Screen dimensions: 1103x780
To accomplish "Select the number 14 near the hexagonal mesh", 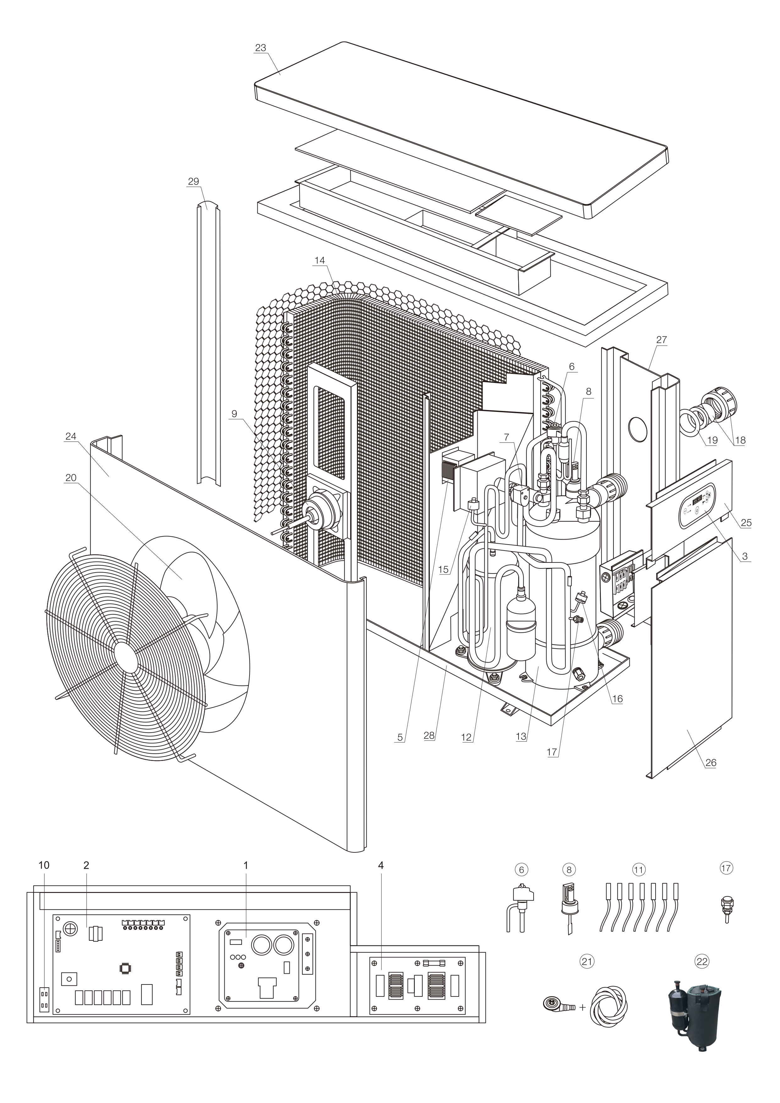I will pyautogui.click(x=319, y=260).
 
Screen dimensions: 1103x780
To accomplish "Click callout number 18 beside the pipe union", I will pyautogui.click(x=740, y=440).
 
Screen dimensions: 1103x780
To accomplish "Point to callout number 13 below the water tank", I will pyautogui.click(x=521, y=736).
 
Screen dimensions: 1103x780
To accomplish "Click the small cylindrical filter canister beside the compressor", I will pyautogui.click(x=521, y=635).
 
